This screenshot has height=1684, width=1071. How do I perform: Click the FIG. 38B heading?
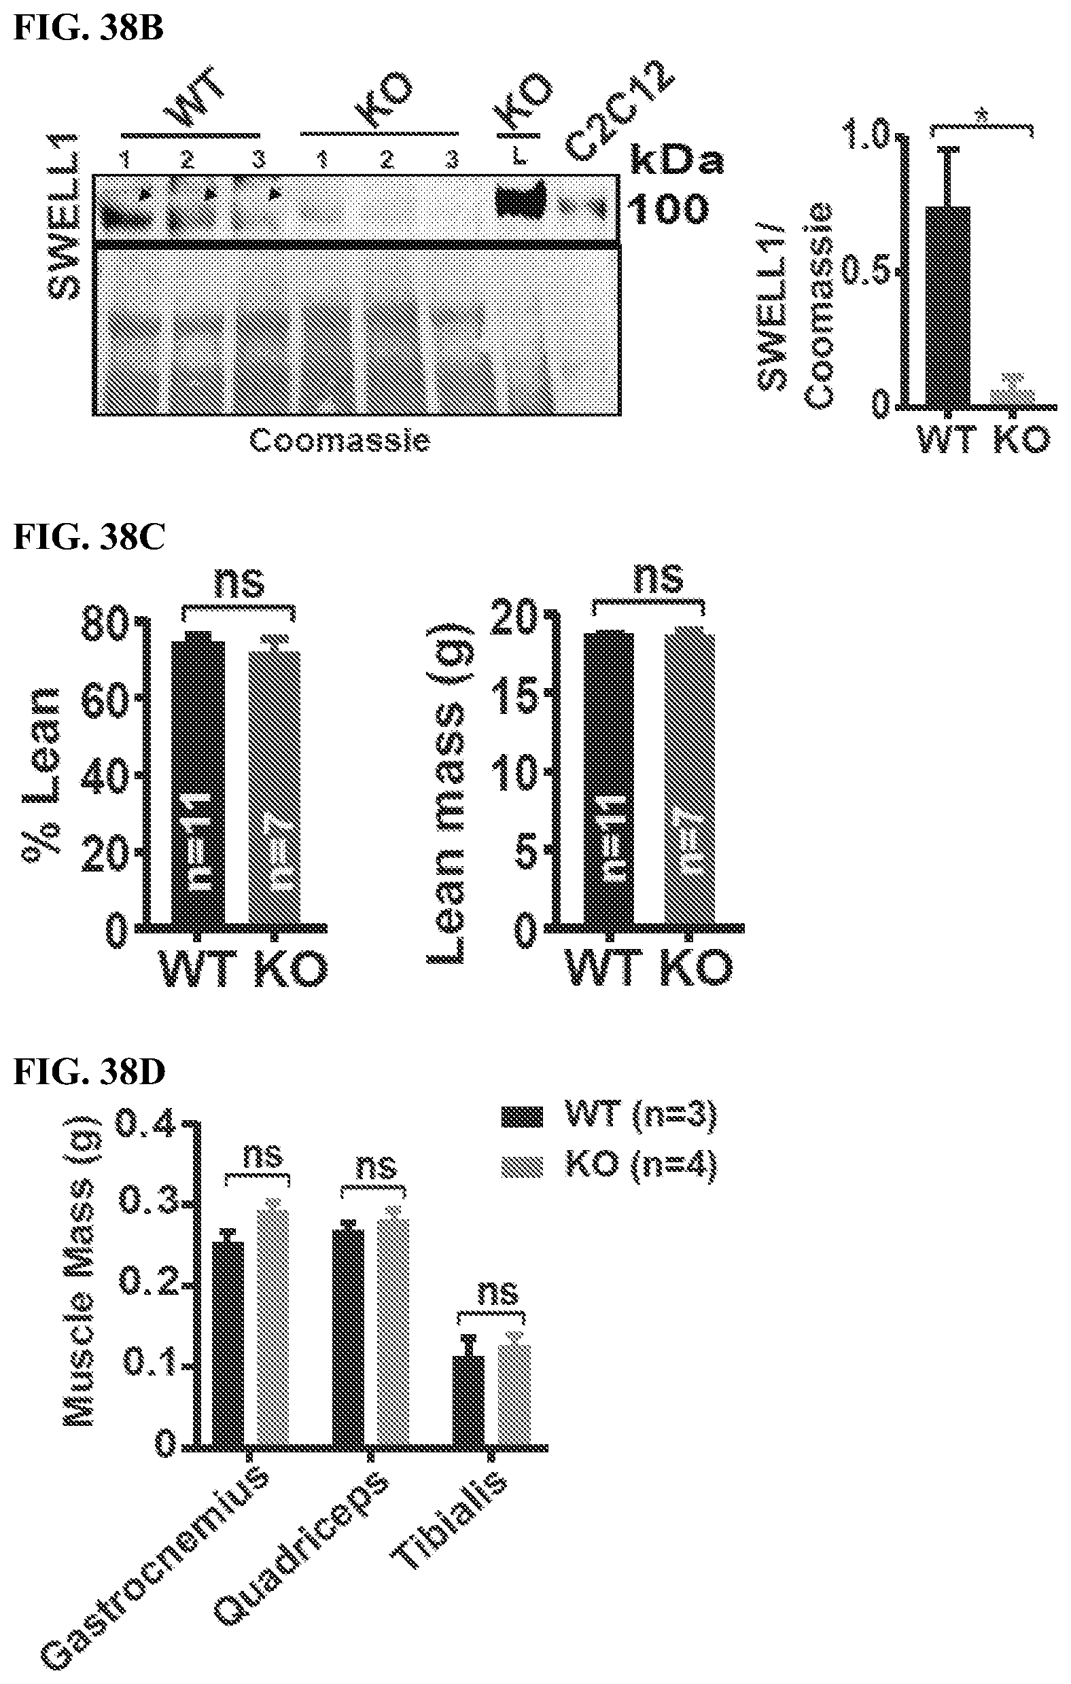click(x=88, y=29)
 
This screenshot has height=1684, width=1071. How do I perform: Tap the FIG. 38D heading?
click(x=89, y=1071)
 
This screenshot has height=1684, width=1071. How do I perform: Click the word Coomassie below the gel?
click(x=339, y=441)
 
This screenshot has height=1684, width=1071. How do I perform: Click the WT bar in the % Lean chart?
click(x=198, y=783)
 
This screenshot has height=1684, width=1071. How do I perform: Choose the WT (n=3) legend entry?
click(x=610, y=1117)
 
